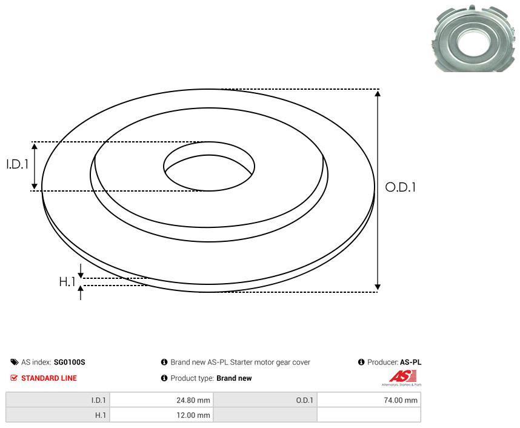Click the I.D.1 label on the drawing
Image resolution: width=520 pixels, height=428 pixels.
18,164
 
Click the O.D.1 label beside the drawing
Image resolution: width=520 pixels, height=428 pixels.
400,187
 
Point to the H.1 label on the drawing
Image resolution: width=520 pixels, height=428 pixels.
67,282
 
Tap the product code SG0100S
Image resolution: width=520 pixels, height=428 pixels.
69,363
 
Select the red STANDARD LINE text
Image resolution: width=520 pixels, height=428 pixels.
49,378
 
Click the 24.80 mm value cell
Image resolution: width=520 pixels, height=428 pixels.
161,400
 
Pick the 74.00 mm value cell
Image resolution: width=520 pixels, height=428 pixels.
368,400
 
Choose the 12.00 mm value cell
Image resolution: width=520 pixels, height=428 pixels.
161,415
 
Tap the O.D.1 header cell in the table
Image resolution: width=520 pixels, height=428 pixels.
265,400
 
